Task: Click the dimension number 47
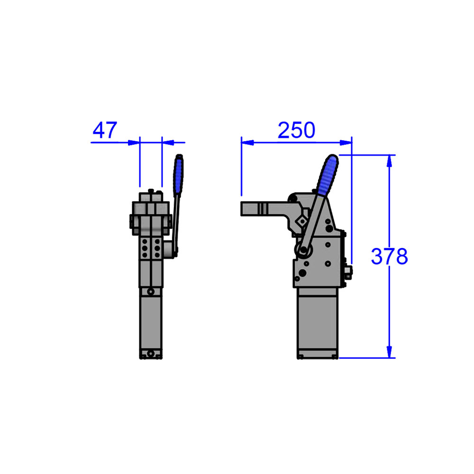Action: tap(105, 130)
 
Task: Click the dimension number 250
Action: tap(296, 130)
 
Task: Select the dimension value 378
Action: tap(389, 256)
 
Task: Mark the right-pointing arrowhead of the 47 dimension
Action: tap(134, 141)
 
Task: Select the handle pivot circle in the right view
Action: tap(302, 250)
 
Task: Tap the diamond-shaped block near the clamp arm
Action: tap(301, 220)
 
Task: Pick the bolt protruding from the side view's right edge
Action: tap(349, 271)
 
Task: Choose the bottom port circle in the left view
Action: tap(151, 354)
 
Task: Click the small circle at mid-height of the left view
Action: tap(151, 291)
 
